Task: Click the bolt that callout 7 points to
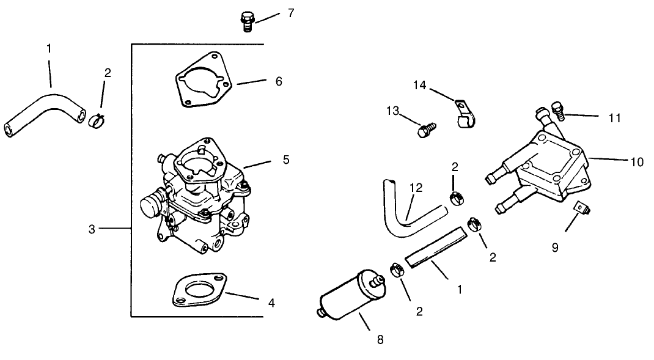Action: point(247,21)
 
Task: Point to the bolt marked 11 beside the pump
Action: point(557,110)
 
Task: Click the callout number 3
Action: point(92,229)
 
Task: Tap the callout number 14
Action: point(419,85)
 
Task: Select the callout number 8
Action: point(380,340)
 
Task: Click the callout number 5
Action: point(286,160)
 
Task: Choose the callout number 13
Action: point(393,111)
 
